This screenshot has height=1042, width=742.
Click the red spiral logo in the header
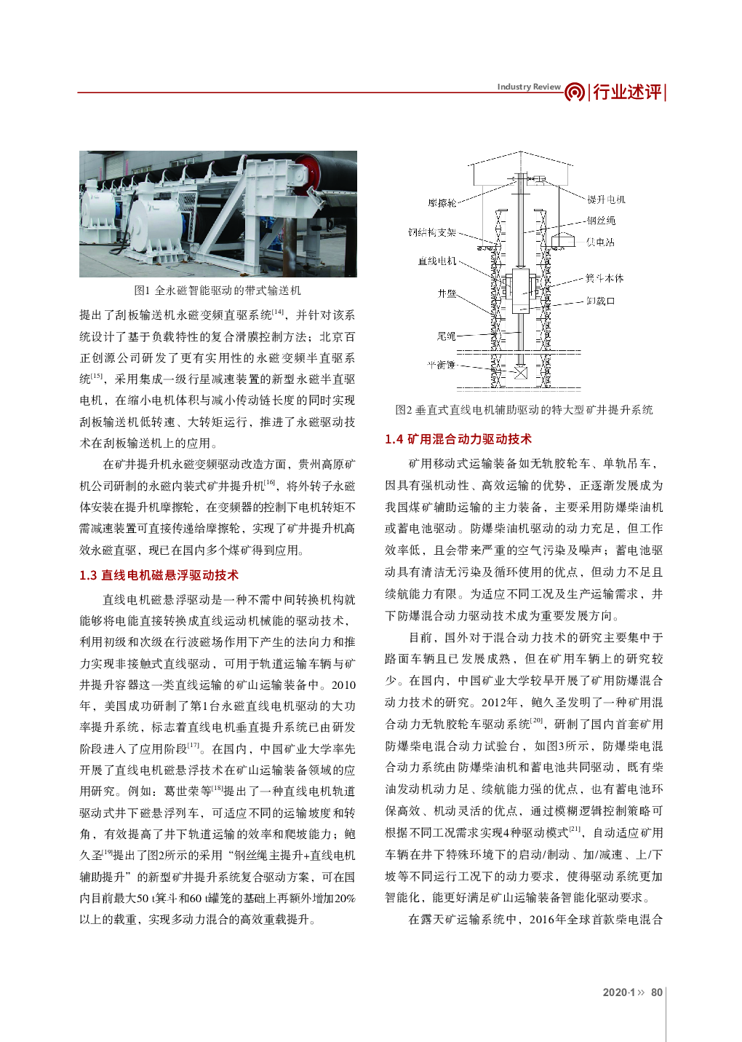tap(574, 92)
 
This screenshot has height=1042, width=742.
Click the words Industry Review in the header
tap(529, 87)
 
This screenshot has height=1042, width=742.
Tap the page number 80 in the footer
tap(657, 992)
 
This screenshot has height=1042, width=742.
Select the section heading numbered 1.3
tap(159, 575)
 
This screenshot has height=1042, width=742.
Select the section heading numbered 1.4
tap(458, 439)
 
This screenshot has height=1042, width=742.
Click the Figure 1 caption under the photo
tap(218, 291)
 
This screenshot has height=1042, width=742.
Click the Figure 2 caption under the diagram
tap(524, 410)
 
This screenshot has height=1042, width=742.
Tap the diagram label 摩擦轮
tap(442, 203)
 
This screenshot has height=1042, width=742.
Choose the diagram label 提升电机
tap(606, 200)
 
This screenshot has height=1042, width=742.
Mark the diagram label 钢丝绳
tap(601, 221)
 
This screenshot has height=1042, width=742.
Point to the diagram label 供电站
tap(600, 242)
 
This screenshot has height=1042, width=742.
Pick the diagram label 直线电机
tap(437, 261)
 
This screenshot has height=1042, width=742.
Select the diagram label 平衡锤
tap(441, 364)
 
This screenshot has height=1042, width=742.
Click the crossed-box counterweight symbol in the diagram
tap(520, 372)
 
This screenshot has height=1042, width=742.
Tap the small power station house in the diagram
tap(563, 240)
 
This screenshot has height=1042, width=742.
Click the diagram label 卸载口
tap(600, 301)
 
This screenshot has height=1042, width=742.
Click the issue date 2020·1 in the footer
tap(619, 992)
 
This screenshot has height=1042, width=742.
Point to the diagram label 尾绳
tap(446, 336)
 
